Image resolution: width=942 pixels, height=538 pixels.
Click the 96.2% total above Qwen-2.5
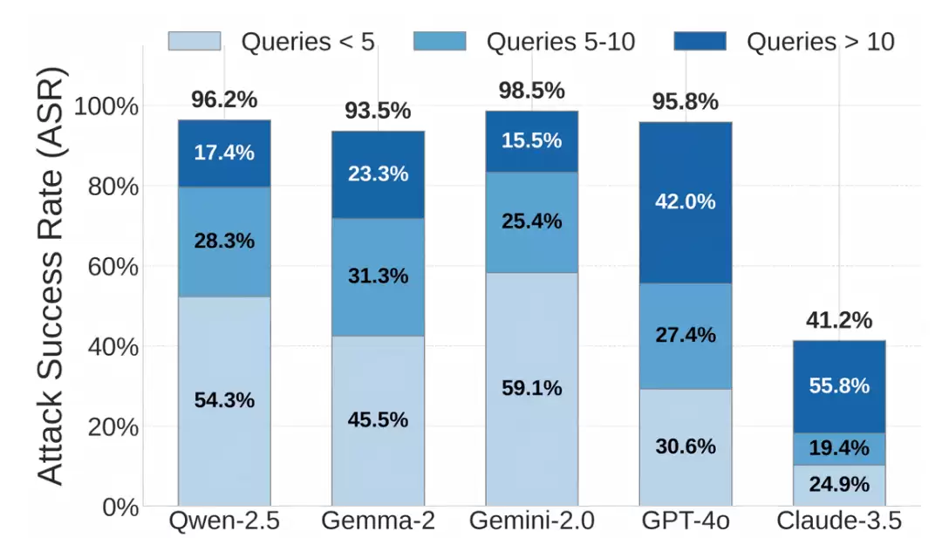click(224, 99)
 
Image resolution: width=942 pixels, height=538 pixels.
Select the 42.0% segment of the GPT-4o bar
click(686, 203)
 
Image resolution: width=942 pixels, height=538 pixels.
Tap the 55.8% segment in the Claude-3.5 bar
click(839, 386)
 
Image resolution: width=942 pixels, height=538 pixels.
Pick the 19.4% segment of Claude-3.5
click(839, 448)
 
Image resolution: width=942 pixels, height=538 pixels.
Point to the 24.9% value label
click(839, 484)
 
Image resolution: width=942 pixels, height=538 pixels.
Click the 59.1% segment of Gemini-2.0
click(532, 389)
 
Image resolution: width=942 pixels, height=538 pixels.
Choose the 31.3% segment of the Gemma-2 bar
click(378, 276)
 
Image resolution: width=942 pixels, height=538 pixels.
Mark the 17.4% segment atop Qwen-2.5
click(224, 153)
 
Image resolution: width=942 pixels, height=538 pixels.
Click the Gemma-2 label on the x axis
click(378, 521)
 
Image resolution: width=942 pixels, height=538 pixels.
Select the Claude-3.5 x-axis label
click(839, 521)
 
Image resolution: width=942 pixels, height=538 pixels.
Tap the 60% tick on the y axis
click(113, 267)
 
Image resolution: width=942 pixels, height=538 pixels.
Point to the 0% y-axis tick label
click(120, 507)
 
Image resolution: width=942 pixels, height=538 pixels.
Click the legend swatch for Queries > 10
click(700, 41)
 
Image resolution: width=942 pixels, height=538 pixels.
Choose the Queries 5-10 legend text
click(561, 42)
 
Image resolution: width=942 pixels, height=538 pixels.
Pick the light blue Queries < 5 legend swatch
click(194, 41)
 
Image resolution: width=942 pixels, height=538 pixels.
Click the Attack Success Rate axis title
click(51, 276)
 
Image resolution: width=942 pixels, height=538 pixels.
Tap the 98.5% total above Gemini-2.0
click(532, 91)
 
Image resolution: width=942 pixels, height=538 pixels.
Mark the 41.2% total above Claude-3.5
click(839, 320)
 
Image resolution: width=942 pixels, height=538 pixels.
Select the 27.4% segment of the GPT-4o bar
click(686, 337)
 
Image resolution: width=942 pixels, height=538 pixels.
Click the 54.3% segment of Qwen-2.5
click(224, 401)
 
